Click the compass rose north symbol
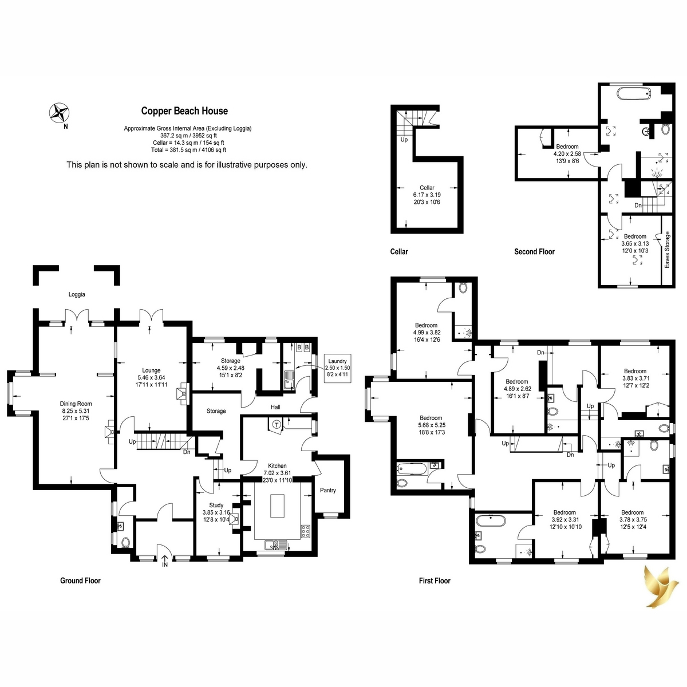click(59, 113)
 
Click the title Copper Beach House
click(184, 111)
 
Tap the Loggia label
click(77, 294)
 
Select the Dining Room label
click(76, 404)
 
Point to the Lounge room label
click(151, 370)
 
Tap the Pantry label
click(327, 490)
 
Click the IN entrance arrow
click(165, 562)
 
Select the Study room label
click(216, 505)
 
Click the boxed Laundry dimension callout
click(337, 368)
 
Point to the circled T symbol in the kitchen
click(277, 425)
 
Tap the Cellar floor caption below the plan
click(399, 252)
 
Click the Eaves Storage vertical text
click(667, 250)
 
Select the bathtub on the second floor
click(634, 94)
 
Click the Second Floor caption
click(534, 252)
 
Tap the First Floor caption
click(435, 581)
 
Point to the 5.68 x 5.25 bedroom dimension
click(431, 425)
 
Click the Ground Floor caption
click(80, 581)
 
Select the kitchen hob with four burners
click(306, 531)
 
